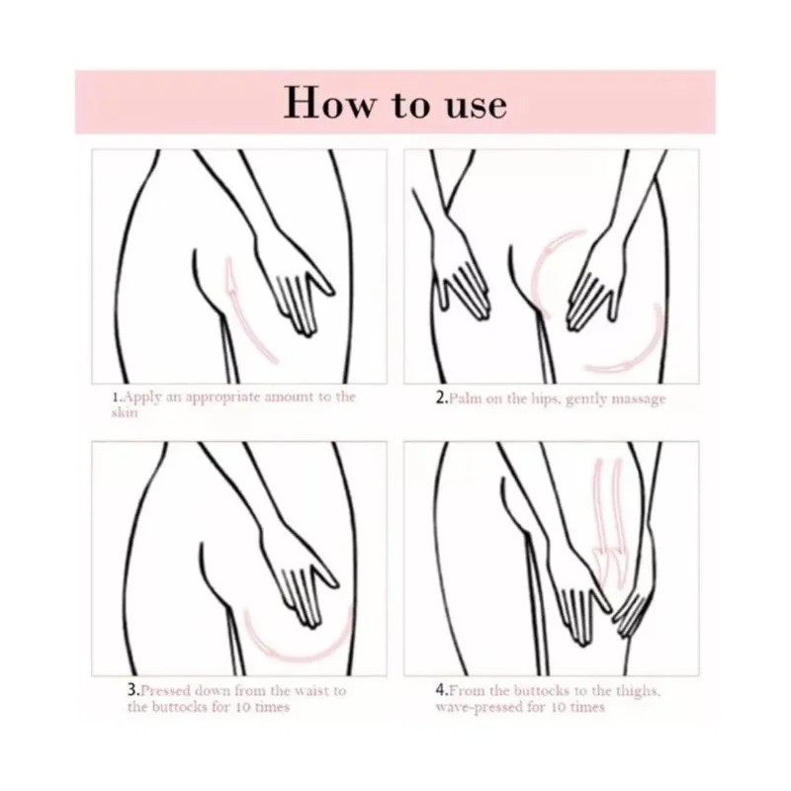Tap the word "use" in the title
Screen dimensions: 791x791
click(467, 103)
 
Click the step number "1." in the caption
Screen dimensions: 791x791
click(117, 397)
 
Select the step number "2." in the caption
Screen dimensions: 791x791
click(442, 398)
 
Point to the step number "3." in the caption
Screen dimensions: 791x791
click(132, 690)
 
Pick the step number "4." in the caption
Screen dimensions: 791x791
click(442, 690)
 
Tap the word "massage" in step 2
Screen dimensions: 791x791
click(639, 398)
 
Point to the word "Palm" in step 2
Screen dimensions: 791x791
click(466, 398)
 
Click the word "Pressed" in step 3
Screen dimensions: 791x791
click(169, 690)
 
